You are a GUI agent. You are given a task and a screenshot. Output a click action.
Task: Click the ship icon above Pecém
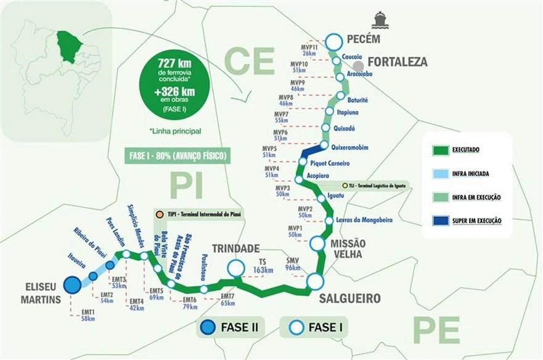pyautogui.click(x=379, y=20)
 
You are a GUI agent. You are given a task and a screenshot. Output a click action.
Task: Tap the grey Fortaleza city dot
pyautogui.click(x=358, y=65)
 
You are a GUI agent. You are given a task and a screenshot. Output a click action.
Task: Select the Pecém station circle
pyautogui.click(x=333, y=41)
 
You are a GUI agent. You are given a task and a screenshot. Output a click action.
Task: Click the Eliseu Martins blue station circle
pyautogui.click(x=72, y=284)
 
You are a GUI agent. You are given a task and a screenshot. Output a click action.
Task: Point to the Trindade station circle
pyautogui.click(x=235, y=268)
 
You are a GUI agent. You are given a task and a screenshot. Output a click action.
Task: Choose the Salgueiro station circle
pyautogui.click(x=315, y=282)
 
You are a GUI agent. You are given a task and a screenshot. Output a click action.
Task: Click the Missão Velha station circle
pyautogui.click(x=317, y=243)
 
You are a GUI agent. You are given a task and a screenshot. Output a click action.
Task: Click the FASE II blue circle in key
pyautogui.click(x=208, y=327)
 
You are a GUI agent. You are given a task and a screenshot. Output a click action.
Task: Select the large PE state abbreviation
pyautogui.click(x=436, y=330)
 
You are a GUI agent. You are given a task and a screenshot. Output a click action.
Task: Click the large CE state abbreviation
pyautogui.click(x=249, y=60)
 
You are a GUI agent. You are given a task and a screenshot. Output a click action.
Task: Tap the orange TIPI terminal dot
pyautogui.click(x=160, y=214)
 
